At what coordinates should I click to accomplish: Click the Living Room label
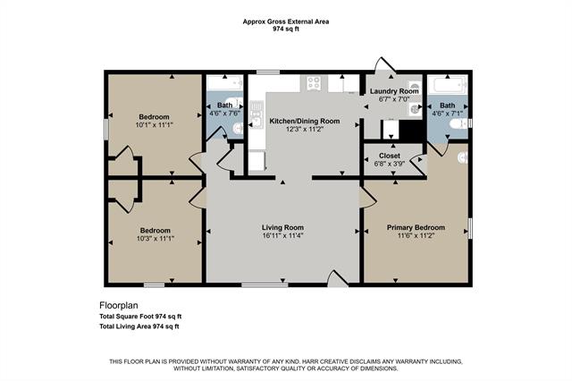[282, 227]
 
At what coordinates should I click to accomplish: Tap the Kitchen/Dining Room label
[305, 121]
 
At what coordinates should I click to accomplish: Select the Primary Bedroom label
[416, 227]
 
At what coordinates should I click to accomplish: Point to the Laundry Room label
[394, 91]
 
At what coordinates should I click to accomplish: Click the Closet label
[390, 156]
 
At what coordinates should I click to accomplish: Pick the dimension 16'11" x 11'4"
[282, 235]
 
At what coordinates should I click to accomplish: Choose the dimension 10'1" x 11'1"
[154, 125]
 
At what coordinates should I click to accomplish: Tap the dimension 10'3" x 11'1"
[156, 239]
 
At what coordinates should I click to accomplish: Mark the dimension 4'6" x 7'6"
[224, 113]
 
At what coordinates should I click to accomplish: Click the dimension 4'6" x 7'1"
[447, 114]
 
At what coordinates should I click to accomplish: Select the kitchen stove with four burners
[314, 83]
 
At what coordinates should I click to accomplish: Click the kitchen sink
[257, 115]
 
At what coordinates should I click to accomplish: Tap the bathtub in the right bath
[447, 85]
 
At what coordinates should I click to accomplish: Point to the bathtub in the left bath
[224, 82]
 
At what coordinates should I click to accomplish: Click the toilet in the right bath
[458, 123]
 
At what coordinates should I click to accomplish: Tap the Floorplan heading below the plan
[119, 305]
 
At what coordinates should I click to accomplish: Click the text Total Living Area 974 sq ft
[139, 326]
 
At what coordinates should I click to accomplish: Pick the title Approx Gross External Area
[286, 21]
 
